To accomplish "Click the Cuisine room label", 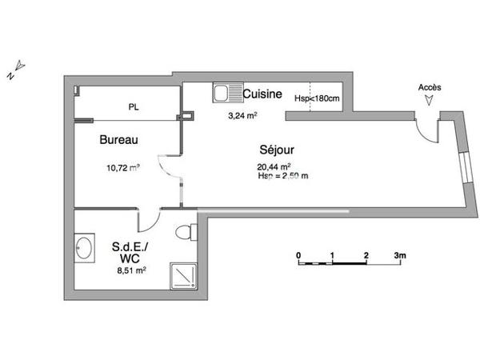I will click(x=262, y=94).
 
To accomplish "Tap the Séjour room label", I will click(x=276, y=150).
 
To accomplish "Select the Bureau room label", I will click(x=118, y=140).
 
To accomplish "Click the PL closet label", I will click(x=133, y=106).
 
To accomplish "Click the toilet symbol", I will click(x=186, y=233).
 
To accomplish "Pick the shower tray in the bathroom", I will click(x=185, y=276).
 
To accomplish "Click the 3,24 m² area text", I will click(x=242, y=116).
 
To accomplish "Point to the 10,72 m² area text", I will click(x=123, y=168).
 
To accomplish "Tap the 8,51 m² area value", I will click(x=130, y=271).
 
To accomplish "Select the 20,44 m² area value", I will click(x=272, y=166).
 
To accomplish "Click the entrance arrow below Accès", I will click(x=430, y=101).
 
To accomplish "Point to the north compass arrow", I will click(x=19, y=66).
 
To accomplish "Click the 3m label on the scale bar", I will click(x=400, y=255).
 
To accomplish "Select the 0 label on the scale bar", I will click(x=298, y=255).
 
